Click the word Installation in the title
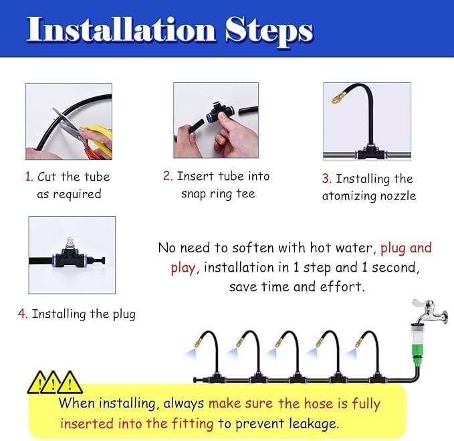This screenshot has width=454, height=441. (x=121, y=31)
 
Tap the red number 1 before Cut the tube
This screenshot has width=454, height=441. (x=29, y=177)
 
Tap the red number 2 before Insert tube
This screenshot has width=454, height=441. (x=167, y=177)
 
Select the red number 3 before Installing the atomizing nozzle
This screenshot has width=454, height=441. (x=326, y=179)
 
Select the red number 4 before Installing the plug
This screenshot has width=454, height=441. (x=22, y=314)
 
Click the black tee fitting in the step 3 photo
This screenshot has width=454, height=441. (x=367, y=153)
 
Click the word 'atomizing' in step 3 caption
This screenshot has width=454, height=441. (x=346, y=196)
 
